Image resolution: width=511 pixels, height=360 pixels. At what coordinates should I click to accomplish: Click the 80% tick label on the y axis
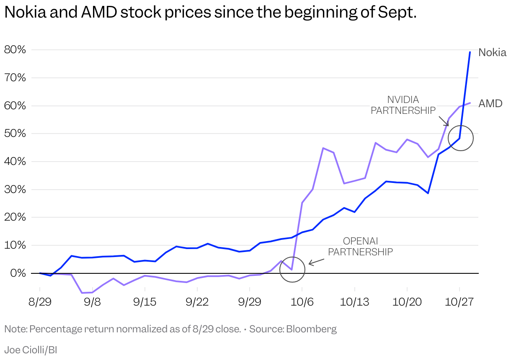pos(15,50)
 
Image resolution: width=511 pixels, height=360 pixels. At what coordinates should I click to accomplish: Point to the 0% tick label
pos(18,273)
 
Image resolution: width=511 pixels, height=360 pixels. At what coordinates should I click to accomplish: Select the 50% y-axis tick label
pos(15,134)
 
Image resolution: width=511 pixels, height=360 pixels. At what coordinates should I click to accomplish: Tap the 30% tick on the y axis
pos(15,190)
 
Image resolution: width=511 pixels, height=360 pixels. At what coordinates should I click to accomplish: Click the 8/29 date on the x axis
pos(40,302)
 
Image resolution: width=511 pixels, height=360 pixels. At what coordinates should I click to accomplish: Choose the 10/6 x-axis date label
pos(302,302)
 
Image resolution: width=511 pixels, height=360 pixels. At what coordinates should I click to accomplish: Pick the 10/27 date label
pos(459,302)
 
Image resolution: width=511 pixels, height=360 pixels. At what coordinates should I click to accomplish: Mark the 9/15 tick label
pos(145,302)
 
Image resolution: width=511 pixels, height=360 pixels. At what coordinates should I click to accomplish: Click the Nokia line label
pos(492,53)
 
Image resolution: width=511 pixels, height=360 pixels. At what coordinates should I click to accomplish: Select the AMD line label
pos(490,103)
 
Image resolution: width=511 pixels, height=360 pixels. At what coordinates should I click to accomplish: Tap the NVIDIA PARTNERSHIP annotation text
pos(403,105)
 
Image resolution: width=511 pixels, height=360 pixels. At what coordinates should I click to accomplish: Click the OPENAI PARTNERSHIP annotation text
pos(360,247)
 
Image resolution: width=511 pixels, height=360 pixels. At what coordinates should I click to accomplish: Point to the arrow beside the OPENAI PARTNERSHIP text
pos(316,262)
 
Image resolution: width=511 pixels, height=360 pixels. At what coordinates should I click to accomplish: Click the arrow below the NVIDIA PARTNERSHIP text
pos(444,120)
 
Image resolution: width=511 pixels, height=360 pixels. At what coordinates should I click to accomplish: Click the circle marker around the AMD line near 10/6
pos(292,269)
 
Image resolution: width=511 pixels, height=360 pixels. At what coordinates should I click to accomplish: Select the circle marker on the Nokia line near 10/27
pos(460,138)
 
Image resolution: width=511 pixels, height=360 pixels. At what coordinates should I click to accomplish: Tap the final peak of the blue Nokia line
pos(470,52)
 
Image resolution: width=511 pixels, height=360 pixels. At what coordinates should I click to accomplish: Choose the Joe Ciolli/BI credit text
pos(31,350)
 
